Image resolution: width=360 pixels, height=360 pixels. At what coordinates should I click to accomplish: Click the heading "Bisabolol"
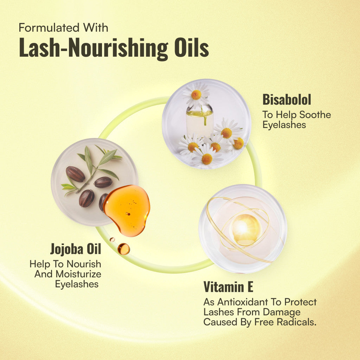[287, 99]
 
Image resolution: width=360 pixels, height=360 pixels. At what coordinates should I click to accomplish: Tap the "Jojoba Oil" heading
[76, 249]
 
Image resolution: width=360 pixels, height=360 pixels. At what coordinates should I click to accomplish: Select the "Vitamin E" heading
[228, 287]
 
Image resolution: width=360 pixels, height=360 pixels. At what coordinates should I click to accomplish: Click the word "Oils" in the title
[192, 47]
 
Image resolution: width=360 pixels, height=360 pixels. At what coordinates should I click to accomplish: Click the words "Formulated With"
[63, 27]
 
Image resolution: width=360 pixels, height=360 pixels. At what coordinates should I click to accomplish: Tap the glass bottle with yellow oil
[200, 121]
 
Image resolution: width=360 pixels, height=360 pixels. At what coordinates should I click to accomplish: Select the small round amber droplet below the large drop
[123, 249]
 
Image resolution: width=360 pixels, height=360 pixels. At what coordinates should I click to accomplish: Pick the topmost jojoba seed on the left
[76, 174]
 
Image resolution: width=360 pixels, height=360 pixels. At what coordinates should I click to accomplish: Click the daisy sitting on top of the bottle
[196, 95]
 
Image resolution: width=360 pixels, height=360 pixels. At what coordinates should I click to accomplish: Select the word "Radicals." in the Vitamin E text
[297, 322]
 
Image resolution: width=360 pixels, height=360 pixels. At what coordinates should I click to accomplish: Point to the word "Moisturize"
[78, 274]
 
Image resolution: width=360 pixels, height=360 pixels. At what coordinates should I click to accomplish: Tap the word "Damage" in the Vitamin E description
[282, 312]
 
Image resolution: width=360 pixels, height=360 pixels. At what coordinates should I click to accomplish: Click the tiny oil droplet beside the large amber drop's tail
[112, 239]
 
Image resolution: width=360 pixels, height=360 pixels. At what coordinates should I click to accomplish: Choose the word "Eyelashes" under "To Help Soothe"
[284, 125]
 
